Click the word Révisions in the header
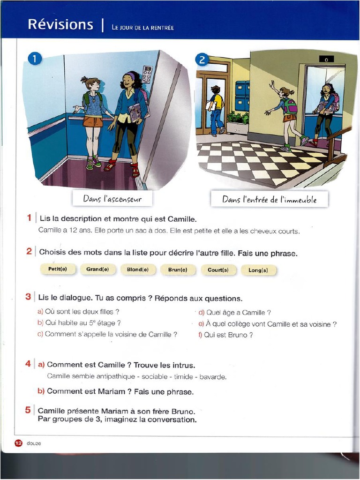click(x=60, y=24)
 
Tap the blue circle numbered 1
click(x=35, y=59)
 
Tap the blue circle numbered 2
click(x=202, y=60)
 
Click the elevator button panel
click(x=147, y=75)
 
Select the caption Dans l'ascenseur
click(x=112, y=199)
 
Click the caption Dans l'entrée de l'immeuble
click(x=269, y=200)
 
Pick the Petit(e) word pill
click(x=58, y=269)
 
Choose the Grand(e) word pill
click(x=97, y=270)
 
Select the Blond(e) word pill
click(x=138, y=270)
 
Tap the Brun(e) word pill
click(x=178, y=270)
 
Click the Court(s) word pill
click(x=218, y=270)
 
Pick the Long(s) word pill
click(x=258, y=270)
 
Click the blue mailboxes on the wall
click(x=242, y=96)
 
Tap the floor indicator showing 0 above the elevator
click(x=326, y=60)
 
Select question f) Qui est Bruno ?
click(x=225, y=335)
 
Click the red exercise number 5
click(x=28, y=410)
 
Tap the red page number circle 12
click(x=18, y=443)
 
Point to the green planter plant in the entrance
click(x=238, y=118)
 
